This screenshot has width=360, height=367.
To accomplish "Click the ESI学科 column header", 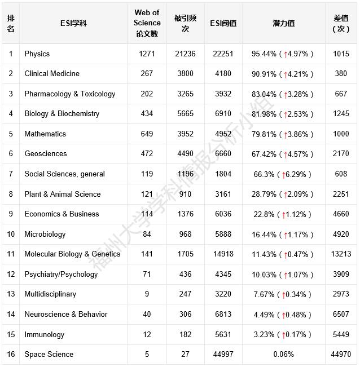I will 73,24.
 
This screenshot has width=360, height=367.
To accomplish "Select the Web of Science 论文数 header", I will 147,24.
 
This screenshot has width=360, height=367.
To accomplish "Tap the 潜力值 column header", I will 283,24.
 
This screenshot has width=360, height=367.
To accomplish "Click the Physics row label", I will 37,54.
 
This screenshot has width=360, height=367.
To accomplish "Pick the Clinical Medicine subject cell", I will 52,74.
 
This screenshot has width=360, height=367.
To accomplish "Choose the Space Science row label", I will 49,355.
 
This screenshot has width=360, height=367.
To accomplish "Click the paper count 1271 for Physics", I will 147,54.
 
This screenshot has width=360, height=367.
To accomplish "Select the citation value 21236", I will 185,54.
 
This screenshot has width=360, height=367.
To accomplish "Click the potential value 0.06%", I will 283,355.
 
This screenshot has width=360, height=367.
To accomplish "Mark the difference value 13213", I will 341,254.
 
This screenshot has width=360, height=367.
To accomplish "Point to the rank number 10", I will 11,235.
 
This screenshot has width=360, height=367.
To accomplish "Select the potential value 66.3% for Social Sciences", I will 264,174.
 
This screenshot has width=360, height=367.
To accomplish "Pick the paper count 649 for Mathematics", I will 147,134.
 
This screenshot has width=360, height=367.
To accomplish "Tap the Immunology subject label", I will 45,335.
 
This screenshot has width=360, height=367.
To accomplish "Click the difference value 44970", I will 341,355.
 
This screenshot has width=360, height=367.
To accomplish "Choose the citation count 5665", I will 185,114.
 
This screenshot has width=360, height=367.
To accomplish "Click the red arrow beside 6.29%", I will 283,175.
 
